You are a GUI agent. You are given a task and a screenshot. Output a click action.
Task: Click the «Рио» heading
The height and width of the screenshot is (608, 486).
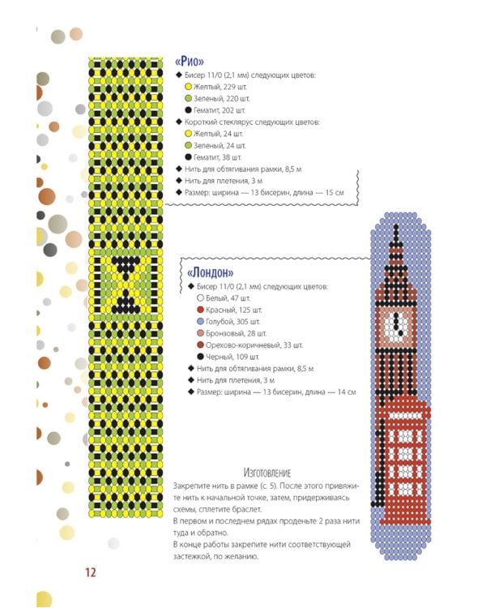[x=189, y=62]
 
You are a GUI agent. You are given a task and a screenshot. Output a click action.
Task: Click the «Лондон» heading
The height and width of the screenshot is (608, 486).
[x=210, y=272]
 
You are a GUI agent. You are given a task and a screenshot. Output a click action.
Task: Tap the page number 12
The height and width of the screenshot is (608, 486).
[x=90, y=572]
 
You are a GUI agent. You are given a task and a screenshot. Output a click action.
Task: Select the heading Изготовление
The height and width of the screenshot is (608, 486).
[x=267, y=473]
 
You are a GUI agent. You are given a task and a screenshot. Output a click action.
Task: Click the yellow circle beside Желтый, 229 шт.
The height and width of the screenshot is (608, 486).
[x=189, y=87]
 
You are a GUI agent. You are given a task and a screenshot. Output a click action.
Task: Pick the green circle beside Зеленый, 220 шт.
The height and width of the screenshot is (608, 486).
[x=189, y=98]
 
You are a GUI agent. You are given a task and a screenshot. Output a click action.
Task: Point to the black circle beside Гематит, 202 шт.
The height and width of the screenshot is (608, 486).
[x=189, y=110]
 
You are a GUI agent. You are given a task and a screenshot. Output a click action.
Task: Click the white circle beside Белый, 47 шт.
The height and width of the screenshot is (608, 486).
[x=200, y=298]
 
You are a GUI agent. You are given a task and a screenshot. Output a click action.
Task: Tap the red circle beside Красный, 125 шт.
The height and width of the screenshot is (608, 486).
[x=200, y=310]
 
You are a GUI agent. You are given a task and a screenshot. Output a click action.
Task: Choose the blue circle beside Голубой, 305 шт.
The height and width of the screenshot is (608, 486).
[x=200, y=322]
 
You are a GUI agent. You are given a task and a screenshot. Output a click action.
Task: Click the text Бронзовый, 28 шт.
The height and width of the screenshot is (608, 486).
[x=236, y=333]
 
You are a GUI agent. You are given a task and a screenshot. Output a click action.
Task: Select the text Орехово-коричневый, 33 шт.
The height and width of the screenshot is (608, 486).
[x=254, y=345]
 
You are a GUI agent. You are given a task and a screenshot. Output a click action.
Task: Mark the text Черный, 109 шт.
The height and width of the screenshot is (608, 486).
[x=232, y=357]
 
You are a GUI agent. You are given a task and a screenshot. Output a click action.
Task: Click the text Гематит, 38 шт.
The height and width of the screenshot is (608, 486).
[x=217, y=157]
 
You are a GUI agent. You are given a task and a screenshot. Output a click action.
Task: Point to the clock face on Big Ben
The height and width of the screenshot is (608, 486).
[x=396, y=325]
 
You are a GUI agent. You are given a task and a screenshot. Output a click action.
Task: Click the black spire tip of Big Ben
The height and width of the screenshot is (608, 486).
[x=396, y=226]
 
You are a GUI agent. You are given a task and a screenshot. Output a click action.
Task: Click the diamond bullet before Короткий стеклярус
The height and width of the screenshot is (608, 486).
[x=179, y=122]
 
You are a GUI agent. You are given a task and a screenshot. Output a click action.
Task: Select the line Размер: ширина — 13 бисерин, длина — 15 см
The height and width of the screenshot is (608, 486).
[x=264, y=193]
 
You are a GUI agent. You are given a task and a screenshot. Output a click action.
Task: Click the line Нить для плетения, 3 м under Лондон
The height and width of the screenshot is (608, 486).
[x=236, y=380]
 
